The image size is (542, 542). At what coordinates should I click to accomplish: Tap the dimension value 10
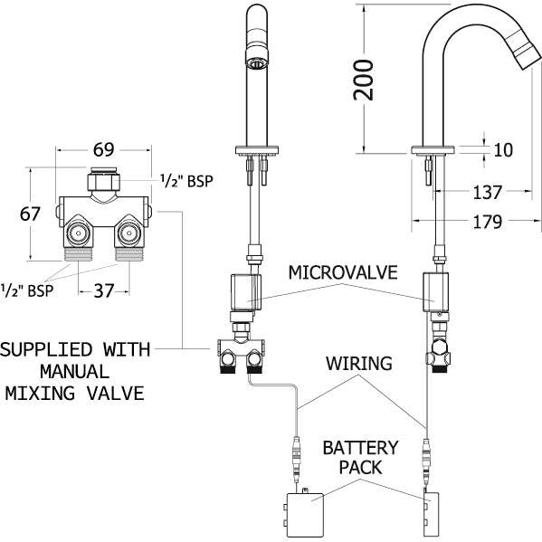tap(504, 150)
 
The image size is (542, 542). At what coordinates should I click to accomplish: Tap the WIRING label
tap(360, 364)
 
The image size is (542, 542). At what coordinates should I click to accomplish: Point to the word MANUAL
tap(73, 371)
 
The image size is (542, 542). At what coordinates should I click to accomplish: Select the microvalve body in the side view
tap(435, 292)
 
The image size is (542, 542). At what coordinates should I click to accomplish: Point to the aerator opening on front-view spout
tap(256, 64)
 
